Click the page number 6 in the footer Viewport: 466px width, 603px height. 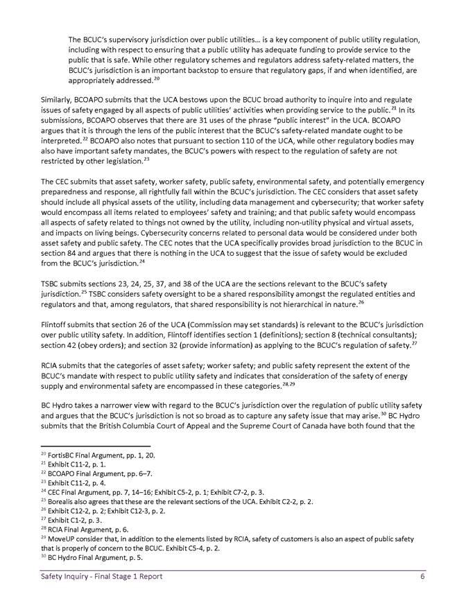tap(422, 577)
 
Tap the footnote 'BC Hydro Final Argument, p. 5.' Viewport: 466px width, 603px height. tap(92, 557)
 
